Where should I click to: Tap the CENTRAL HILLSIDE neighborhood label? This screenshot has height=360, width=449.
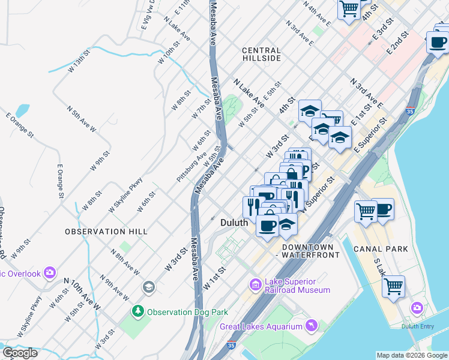pos(262,55)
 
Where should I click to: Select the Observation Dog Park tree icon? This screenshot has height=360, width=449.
pos(138,311)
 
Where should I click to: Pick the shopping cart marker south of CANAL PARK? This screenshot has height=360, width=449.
pos(393,286)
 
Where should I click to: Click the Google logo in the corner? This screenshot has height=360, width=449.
pos(20,353)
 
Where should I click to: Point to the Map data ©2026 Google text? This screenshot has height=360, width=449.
pos(412,355)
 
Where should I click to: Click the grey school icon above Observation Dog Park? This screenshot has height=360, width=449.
pos(148,287)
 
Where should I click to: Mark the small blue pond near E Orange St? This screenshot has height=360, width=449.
pos(22,110)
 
